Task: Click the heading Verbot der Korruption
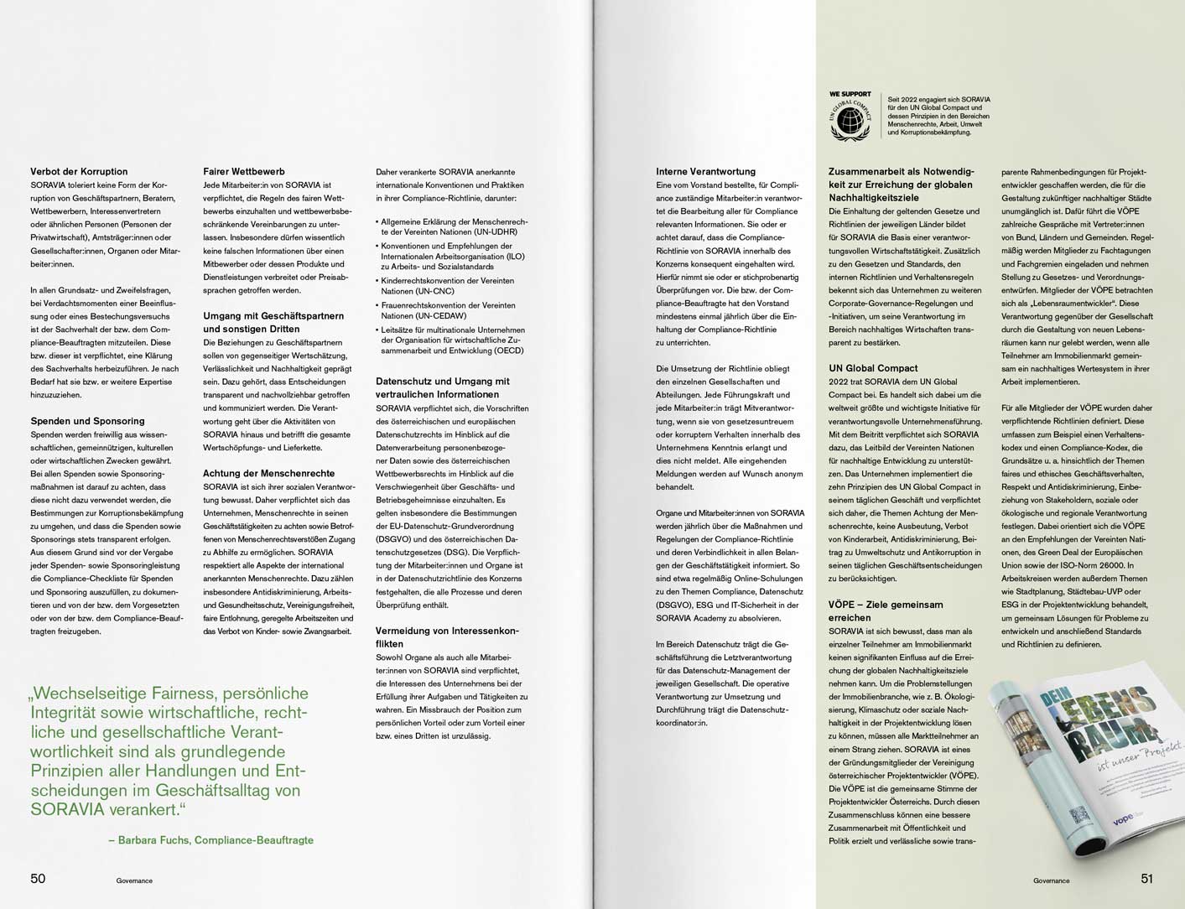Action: point(79,172)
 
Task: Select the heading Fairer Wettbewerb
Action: point(243,172)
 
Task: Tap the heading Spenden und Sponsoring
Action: point(87,421)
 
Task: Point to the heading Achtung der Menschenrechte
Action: point(268,474)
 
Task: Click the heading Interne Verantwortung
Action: point(705,172)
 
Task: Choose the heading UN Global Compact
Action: point(873,368)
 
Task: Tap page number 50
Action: point(38,879)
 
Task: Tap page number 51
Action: point(1146,879)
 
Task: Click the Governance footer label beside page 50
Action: point(134,880)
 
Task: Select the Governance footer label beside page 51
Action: point(1051,880)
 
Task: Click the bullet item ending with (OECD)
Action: point(453,340)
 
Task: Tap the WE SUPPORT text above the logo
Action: point(850,94)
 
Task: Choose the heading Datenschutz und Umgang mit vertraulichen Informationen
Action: point(442,387)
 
